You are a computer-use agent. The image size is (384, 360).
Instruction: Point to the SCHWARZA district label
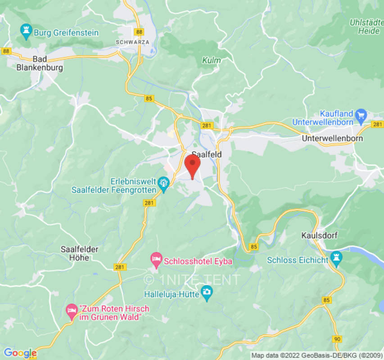[x=132, y=42]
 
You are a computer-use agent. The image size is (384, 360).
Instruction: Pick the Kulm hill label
[x=211, y=60]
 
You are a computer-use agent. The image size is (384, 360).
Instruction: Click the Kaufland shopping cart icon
[x=361, y=115]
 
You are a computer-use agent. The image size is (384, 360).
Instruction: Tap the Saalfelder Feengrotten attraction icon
[x=163, y=182]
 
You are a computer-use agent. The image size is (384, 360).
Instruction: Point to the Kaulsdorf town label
[x=319, y=236]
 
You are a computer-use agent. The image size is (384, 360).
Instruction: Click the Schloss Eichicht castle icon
[x=336, y=258]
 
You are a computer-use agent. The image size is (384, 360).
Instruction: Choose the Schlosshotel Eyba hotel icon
[x=156, y=258]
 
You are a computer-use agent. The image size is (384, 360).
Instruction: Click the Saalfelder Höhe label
[x=79, y=253]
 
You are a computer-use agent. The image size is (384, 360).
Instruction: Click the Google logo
[x=20, y=353]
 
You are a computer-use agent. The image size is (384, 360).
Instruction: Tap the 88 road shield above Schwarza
[x=139, y=32]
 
